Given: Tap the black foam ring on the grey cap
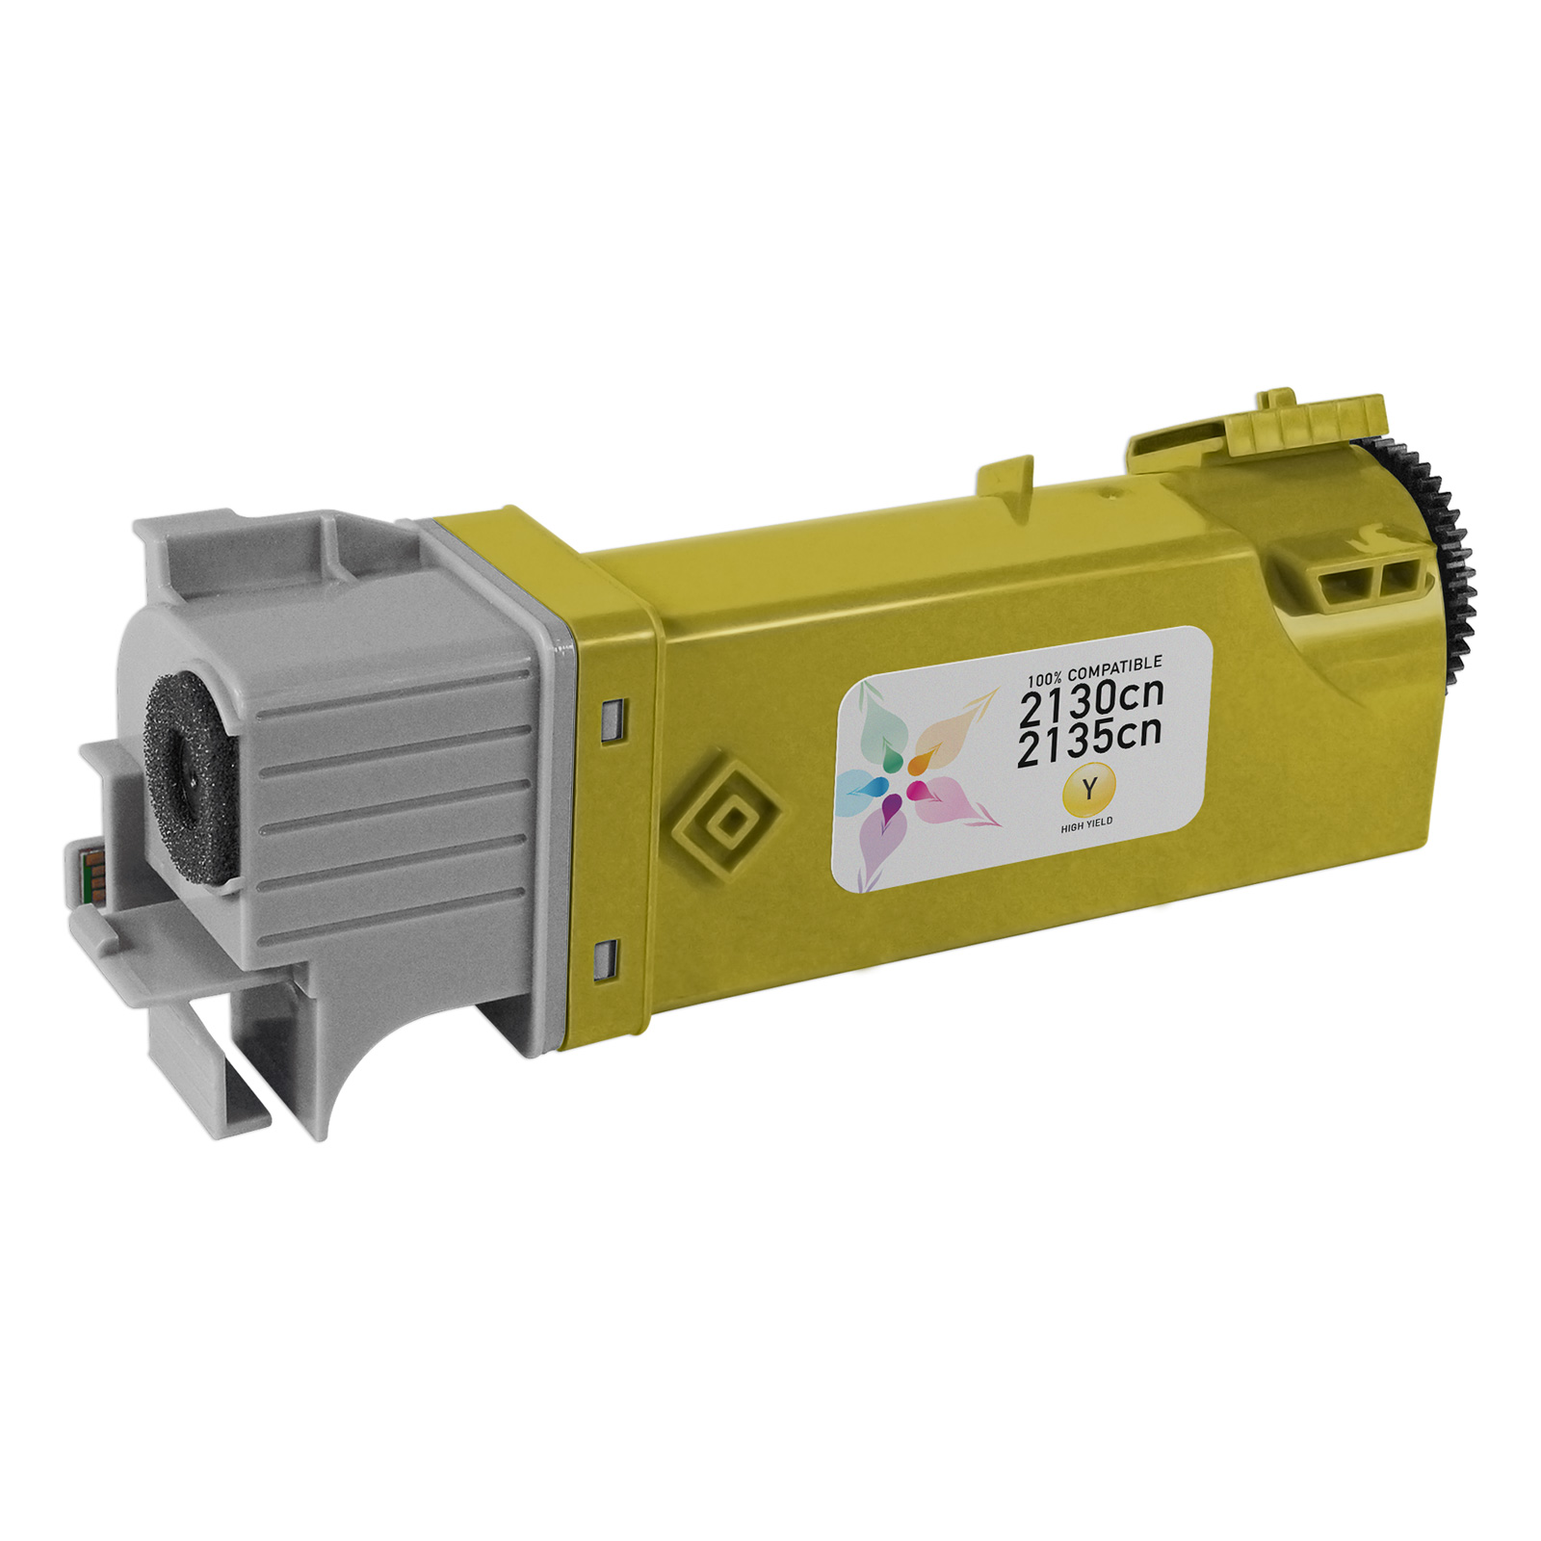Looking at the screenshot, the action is (190, 778).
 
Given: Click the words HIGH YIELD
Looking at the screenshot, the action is (1086, 824).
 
